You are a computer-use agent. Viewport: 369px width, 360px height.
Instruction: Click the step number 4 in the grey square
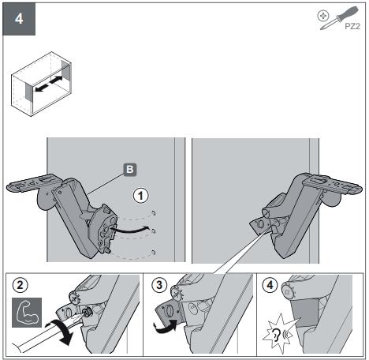[19, 19]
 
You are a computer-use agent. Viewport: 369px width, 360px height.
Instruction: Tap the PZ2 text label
[352, 26]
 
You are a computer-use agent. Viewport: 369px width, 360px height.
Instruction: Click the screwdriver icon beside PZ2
[339, 17]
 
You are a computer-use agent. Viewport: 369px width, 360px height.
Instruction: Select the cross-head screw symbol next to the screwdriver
[323, 16]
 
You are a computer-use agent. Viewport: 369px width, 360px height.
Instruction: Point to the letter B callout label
[130, 170]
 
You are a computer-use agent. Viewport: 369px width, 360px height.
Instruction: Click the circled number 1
[140, 196]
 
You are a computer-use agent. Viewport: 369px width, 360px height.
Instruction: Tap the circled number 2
[20, 285]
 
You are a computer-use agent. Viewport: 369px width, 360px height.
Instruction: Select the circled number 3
[159, 285]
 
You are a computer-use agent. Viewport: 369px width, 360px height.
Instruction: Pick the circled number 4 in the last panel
[270, 285]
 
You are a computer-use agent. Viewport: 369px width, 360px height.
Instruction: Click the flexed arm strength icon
[27, 313]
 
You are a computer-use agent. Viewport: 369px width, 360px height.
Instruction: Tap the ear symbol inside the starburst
[276, 335]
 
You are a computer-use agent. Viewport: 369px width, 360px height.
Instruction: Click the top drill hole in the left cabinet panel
[154, 213]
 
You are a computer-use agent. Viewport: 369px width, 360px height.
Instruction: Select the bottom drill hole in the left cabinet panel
[153, 253]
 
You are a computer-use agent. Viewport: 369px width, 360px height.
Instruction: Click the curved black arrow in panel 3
[166, 326]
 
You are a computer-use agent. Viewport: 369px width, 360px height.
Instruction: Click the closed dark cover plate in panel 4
[305, 312]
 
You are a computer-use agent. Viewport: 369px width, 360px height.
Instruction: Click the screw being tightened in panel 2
[87, 313]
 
